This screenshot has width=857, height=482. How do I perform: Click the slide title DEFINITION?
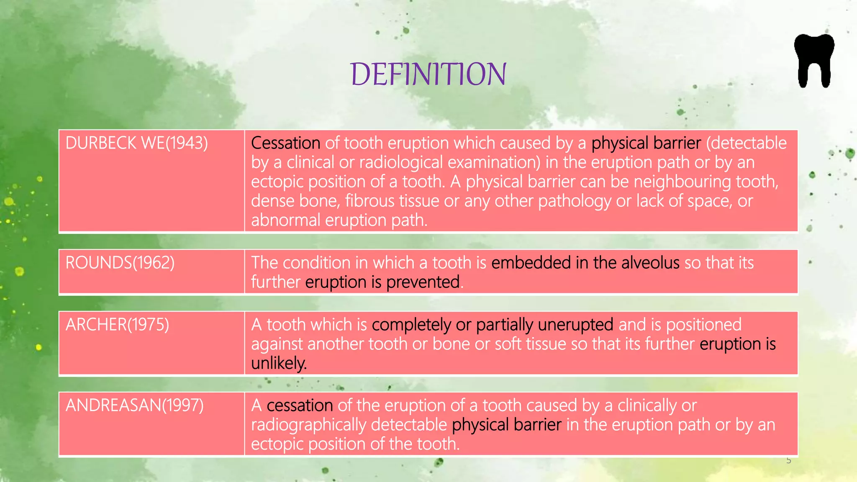[x=428, y=74]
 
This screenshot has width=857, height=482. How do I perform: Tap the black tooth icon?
[x=814, y=61]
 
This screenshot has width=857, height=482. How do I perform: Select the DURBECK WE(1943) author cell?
[x=136, y=143]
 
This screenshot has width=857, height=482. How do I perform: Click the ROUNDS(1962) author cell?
[x=120, y=263]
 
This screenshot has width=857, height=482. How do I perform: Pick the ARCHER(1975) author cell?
[x=117, y=325]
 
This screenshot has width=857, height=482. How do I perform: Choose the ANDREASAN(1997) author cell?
[x=134, y=405]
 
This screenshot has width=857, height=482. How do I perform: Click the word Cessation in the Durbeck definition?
[x=285, y=143]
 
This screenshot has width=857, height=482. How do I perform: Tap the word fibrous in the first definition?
[x=369, y=201]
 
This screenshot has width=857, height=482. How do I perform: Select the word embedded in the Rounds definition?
[x=531, y=263]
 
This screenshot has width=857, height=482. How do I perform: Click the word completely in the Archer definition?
[x=411, y=325]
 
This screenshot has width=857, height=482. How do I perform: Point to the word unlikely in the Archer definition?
[x=278, y=363]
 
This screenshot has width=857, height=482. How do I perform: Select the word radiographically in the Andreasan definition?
[x=308, y=425]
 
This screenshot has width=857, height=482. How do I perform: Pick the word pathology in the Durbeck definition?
[x=574, y=201]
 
